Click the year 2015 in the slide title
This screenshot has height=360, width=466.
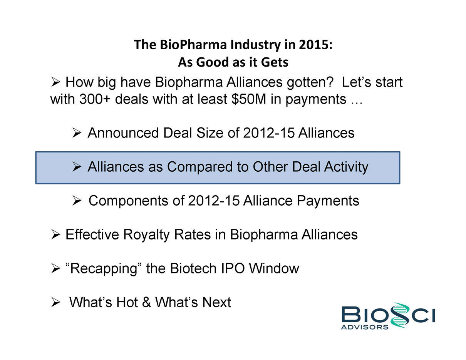click(315, 45)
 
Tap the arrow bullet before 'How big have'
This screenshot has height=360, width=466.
click(55, 82)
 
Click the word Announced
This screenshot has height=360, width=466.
click(123, 133)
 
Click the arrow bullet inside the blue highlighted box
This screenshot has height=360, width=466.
click(77, 167)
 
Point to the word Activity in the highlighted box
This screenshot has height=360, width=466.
click(346, 167)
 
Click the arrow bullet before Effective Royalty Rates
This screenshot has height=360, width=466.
click(55, 234)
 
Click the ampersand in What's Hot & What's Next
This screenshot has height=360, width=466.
click(146, 302)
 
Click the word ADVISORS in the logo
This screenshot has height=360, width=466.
click(365, 327)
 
